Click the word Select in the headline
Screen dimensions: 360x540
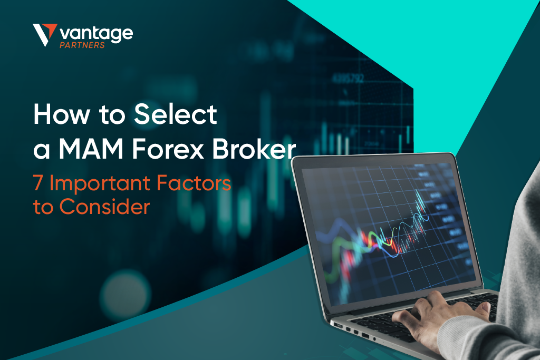click(175, 114)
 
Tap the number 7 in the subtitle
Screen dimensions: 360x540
click(39, 184)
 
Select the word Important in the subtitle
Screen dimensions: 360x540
click(100, 185)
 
